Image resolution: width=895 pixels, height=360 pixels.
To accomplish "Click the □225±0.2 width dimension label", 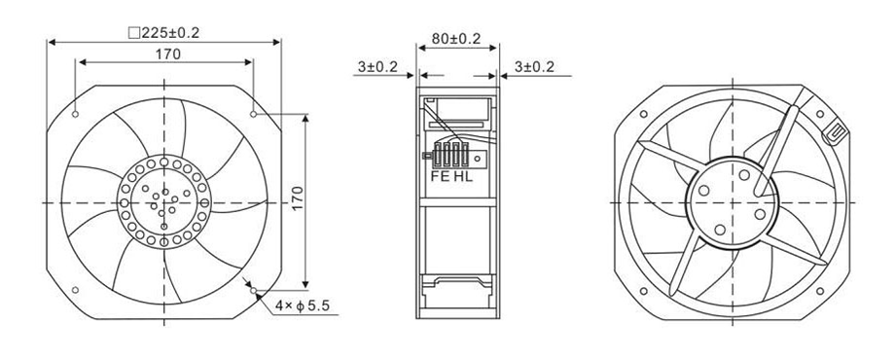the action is pos(163,33).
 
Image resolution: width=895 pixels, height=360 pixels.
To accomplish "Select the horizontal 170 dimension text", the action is pos(167,54).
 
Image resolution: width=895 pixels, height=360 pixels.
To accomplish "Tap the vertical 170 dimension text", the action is pos(298,198).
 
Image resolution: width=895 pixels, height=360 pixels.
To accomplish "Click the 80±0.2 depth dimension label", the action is pos(456,39).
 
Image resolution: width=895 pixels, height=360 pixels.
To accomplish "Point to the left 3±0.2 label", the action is pos(377,67).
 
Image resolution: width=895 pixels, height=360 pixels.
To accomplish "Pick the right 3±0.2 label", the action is pos(534,67).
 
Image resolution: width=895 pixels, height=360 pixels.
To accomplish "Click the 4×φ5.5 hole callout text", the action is pos(302,306).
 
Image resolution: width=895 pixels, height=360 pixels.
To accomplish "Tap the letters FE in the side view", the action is pos(440,177).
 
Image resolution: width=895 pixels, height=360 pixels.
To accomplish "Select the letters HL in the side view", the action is pos(463,177).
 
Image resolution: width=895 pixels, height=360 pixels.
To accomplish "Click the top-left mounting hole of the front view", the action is pos(75,114).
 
